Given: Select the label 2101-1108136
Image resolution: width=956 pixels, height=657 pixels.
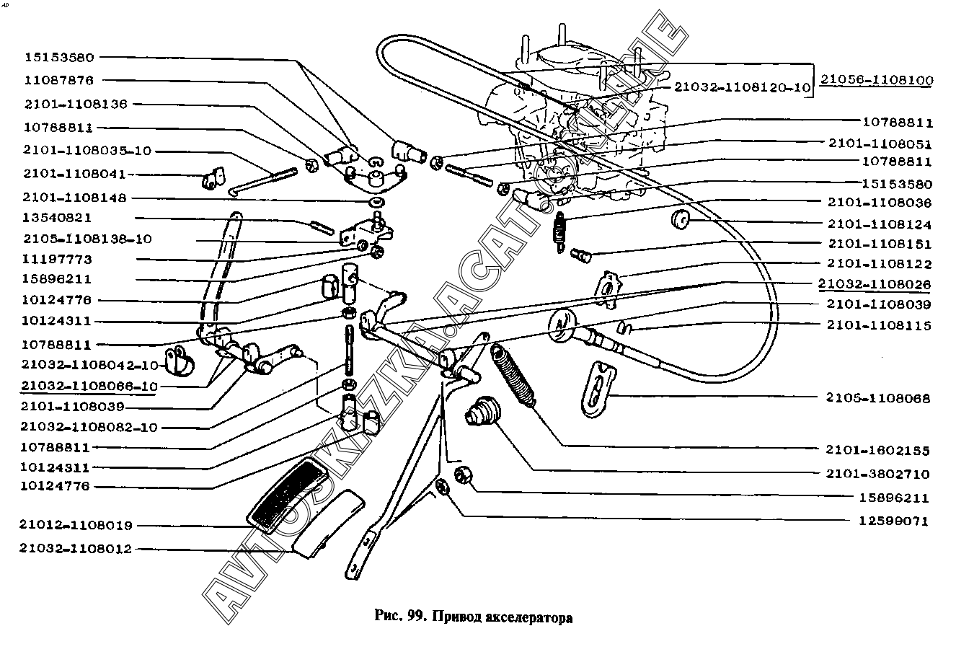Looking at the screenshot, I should click(75, 104).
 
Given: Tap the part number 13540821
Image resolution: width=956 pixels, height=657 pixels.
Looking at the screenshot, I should click(58, 218).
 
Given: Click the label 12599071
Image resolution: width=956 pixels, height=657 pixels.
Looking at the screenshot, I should click(894, 521).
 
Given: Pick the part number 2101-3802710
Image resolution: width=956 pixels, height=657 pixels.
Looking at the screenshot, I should click(878, 475).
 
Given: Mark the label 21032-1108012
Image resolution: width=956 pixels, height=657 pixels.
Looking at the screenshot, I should click(76, 549).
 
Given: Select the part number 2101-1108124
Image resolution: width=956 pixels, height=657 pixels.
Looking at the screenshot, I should click(879, 224).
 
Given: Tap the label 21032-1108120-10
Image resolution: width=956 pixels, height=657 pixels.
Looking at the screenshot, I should click(743, 87).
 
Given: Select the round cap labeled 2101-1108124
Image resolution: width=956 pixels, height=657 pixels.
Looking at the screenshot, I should click(681, 220).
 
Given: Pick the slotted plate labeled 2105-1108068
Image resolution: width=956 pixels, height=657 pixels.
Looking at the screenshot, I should click(597, 388).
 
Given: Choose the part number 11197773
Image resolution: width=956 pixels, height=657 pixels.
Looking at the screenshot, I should click(58, 259).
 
